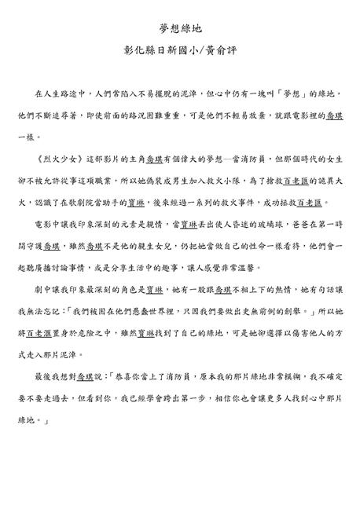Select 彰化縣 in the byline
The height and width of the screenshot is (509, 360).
(136, 57)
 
